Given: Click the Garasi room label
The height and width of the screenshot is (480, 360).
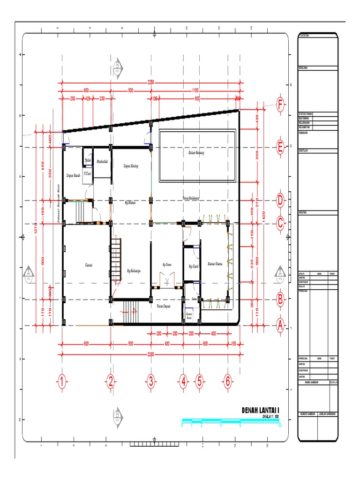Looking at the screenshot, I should (x=88, y=265).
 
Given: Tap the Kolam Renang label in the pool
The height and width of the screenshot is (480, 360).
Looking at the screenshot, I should (x=196, y=152).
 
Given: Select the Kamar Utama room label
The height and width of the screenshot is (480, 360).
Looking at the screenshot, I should (x=211, y=264).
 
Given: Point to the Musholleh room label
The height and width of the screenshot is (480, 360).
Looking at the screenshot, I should (x=102, y=162).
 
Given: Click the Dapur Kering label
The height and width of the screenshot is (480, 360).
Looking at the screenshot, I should (x=131, y=165).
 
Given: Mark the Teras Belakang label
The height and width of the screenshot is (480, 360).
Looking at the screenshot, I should (x=191, y=198).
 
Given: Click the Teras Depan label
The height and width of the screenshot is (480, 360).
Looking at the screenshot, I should (x=163, y=306).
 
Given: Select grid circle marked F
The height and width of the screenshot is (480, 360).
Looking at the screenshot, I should (x=280, y=105).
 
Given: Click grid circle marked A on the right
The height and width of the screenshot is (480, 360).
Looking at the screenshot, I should (x=280, y=325).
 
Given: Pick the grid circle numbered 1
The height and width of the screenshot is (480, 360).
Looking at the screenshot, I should (x=61, y=382).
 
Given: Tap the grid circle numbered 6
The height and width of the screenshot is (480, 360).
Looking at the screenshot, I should (x=228, y=382).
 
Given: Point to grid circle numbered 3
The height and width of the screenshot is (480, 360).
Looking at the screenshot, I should (x=151, y=382).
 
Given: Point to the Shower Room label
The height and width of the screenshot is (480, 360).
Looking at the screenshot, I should (x=189, y=315).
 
